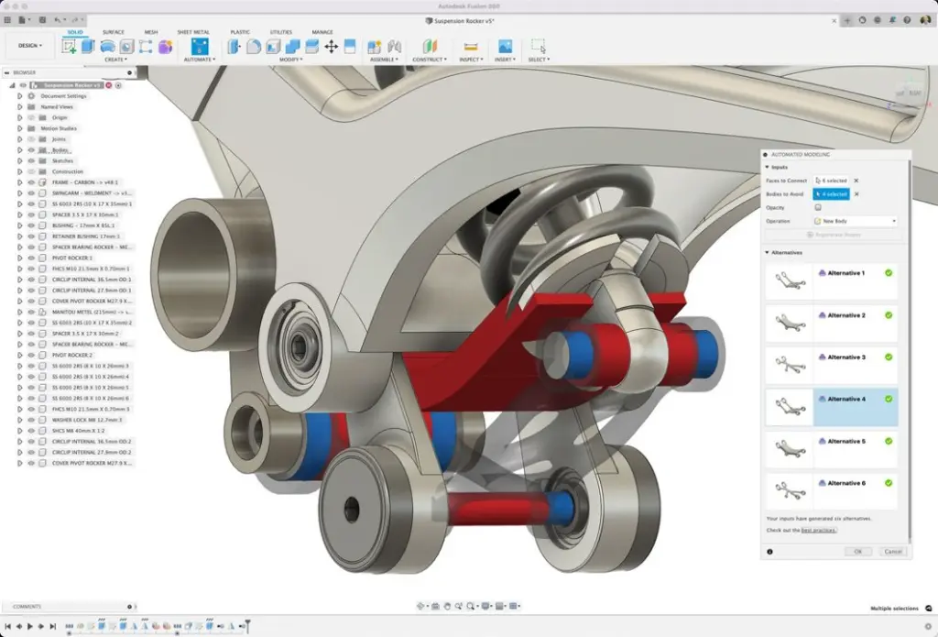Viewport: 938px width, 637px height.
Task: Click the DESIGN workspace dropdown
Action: (29, 45)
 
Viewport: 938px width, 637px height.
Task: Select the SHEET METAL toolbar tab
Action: (192, 32)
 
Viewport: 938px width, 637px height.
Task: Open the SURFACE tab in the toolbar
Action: (114, 32)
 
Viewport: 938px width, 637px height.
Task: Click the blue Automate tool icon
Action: (199, 46)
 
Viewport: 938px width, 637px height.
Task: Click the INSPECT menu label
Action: (472, 60)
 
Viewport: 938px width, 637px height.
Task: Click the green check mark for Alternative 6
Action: (889, 483)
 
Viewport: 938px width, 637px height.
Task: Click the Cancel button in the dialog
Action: (892, 552)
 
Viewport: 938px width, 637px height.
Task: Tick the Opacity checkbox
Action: (818, 207)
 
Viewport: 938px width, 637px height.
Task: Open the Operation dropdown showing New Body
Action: (855, 221)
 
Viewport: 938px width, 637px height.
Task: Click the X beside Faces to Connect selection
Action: (856, 181)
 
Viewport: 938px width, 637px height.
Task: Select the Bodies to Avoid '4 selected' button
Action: (832, 194)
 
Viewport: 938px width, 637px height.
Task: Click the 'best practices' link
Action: (818, 530)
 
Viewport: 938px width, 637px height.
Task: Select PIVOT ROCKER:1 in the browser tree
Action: (72, 258)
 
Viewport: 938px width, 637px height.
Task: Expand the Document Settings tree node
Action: (19, 96)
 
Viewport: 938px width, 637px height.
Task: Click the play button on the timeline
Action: (30, 626)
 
